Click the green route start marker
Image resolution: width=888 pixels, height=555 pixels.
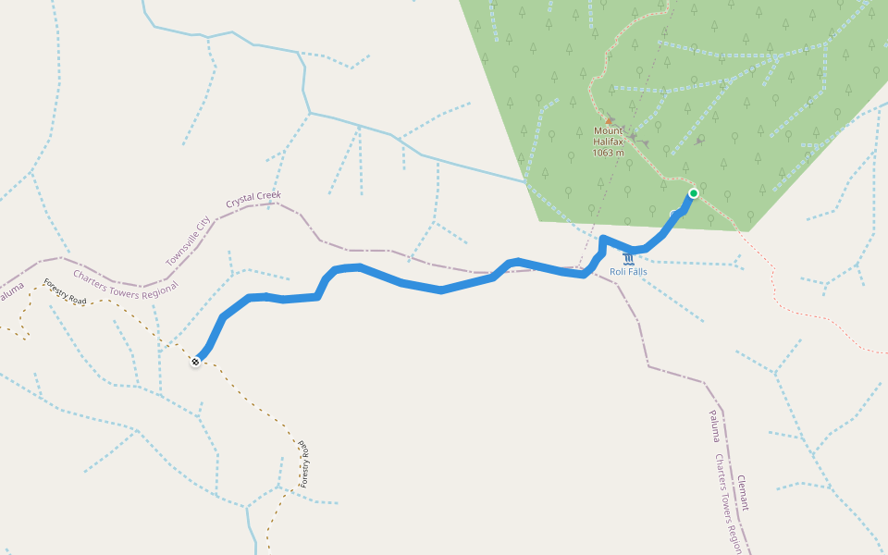[693, 193]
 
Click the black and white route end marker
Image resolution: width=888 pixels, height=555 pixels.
[196, 362]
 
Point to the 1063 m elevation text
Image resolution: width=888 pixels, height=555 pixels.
[608, 153]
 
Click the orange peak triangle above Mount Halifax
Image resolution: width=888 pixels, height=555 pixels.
[609, 120]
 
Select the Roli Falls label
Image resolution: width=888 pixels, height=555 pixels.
[628, 271]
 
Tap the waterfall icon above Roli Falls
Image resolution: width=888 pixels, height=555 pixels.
[628, 258]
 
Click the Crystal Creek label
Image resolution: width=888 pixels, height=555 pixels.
[253, 200]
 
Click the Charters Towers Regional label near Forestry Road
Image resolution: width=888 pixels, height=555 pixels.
[125, 284]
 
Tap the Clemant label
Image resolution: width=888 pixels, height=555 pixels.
[742, 492]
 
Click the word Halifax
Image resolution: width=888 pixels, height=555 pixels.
[608, 142]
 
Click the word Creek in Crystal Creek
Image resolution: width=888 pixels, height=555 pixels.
[267, 197]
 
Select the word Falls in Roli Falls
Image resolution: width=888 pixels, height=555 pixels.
[636, 271]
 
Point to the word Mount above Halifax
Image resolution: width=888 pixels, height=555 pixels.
[608, 131]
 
